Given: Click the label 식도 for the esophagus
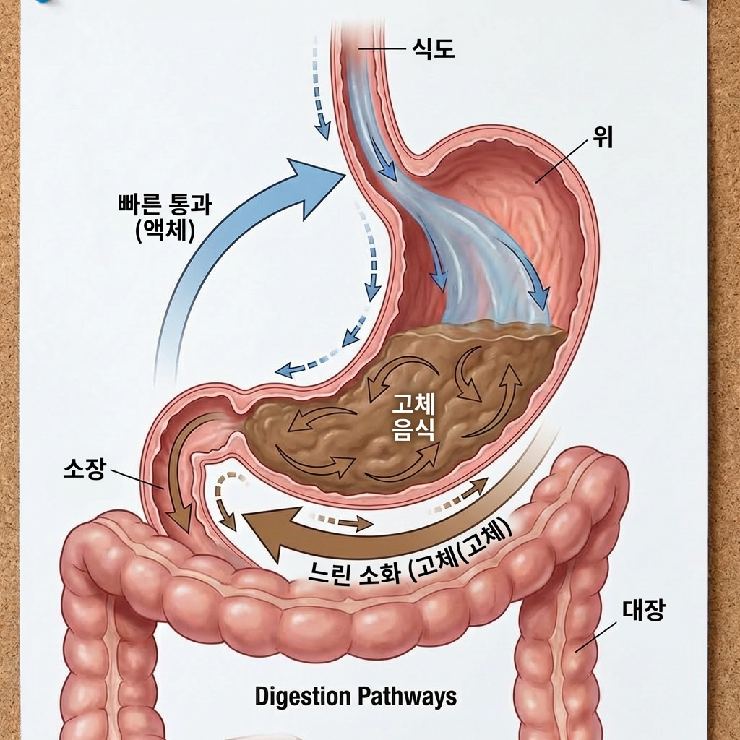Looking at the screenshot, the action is point(432,50).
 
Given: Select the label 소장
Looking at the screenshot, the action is point(85,470).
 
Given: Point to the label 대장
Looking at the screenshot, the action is point(643,612).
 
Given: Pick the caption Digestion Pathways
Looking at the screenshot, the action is point(356,697).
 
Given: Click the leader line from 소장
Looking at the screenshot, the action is point(137,481).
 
